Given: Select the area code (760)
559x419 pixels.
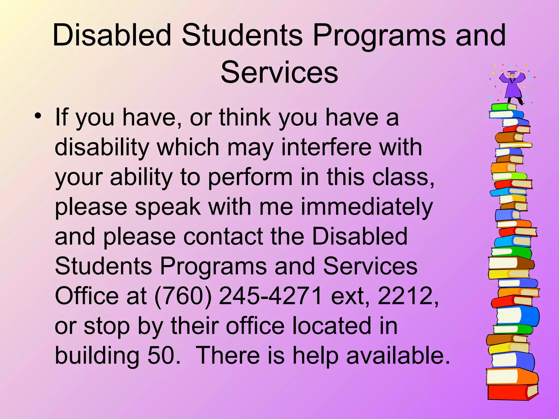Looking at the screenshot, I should coord(183,296).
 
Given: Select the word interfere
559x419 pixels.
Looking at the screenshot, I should coord(326,148).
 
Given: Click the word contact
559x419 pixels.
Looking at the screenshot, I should coord(223,237).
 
